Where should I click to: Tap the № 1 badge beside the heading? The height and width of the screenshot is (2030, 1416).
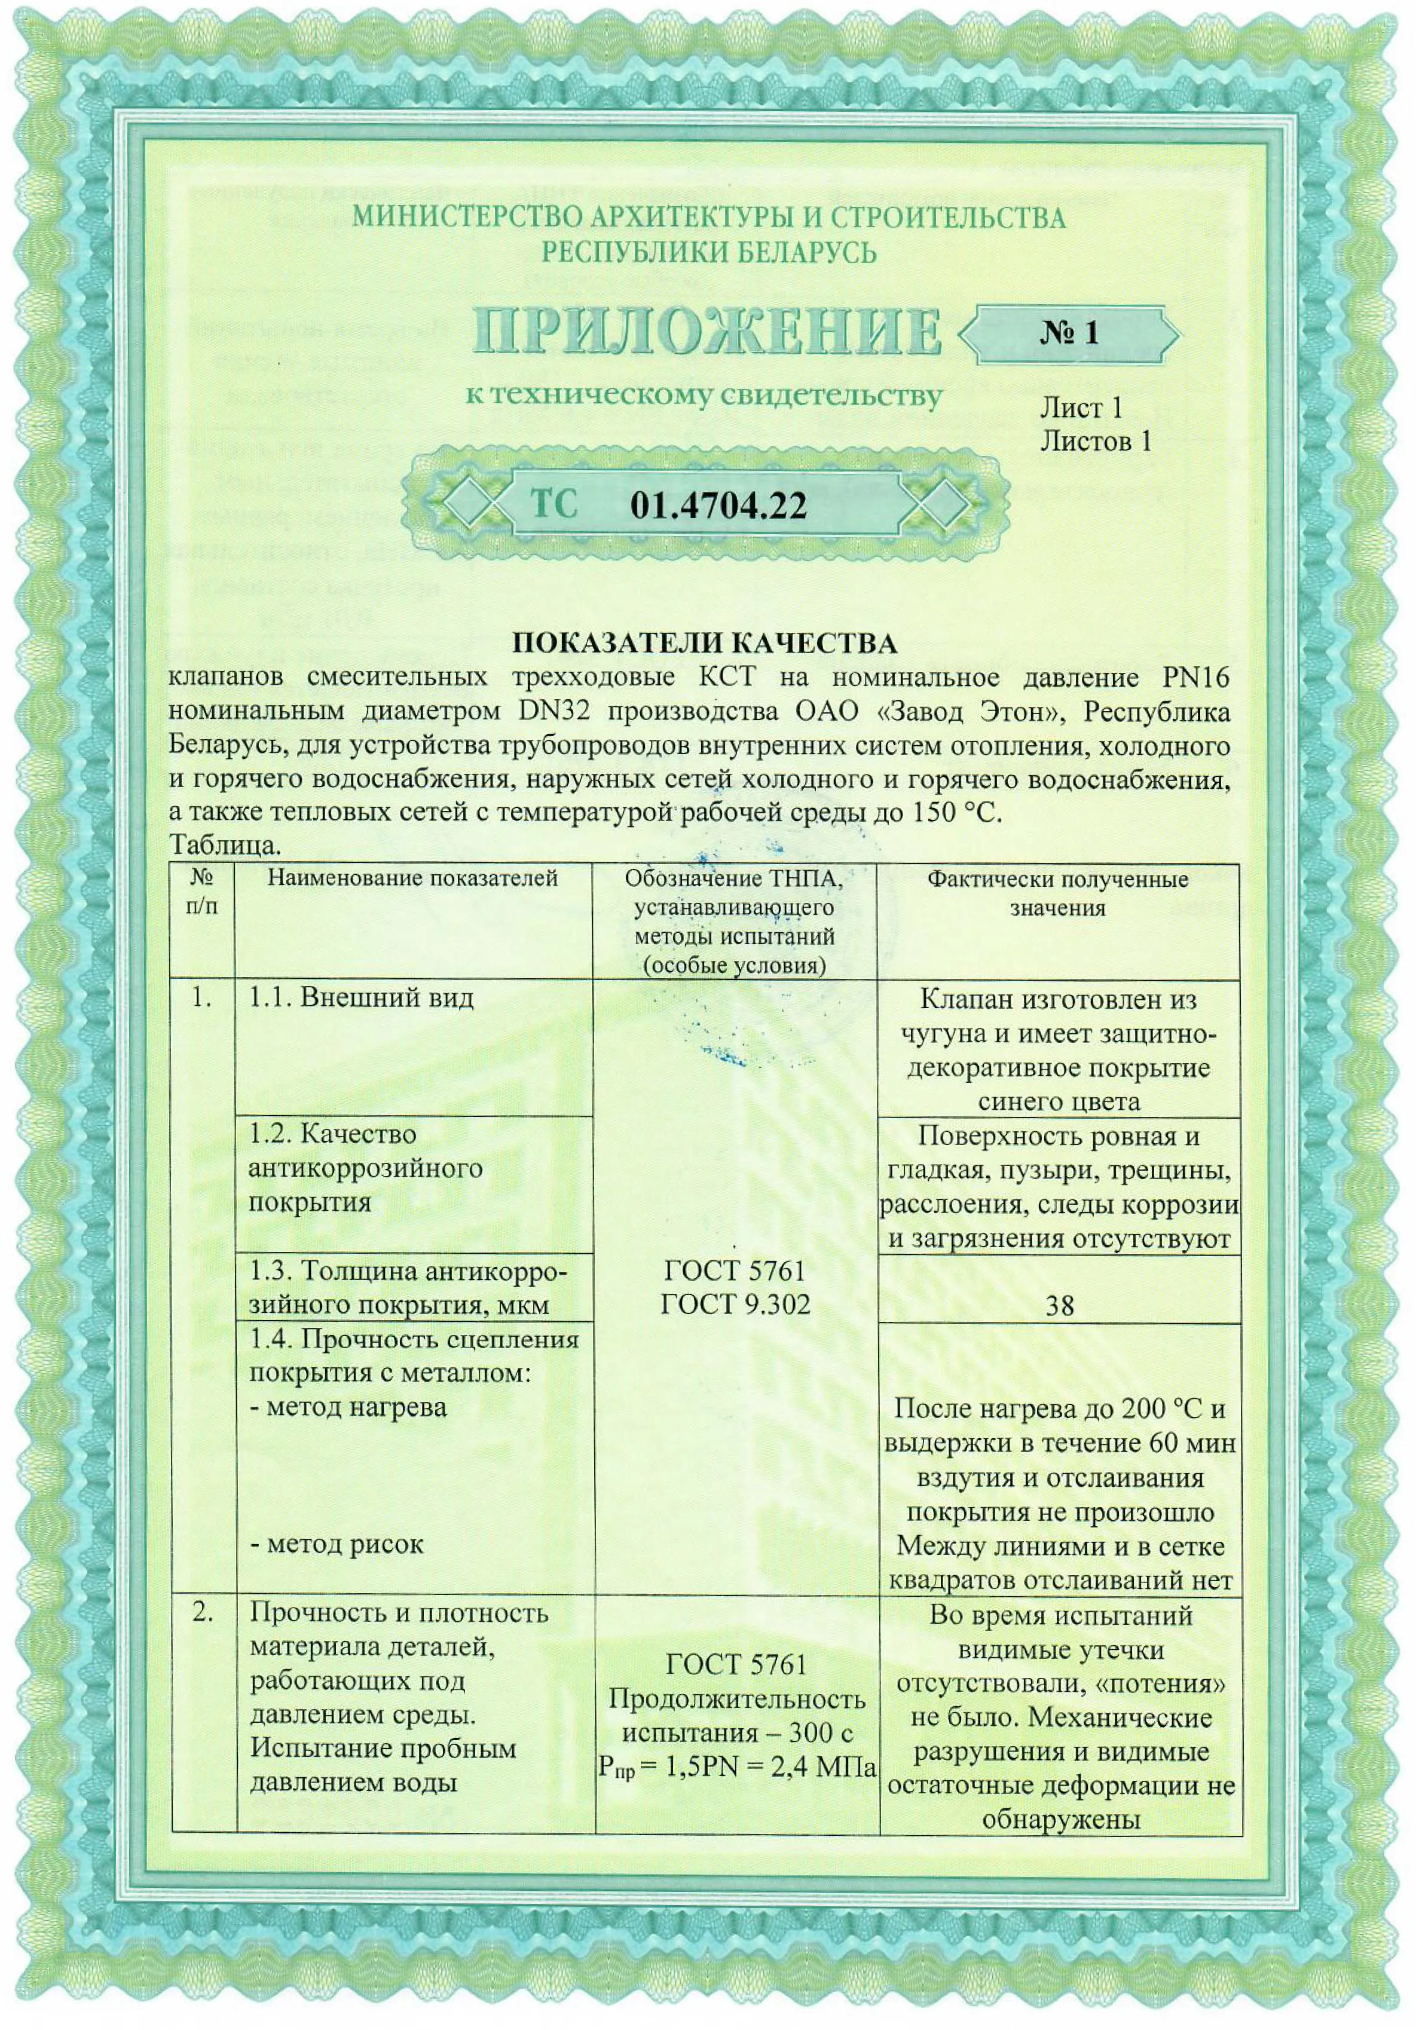pyautogui.click(x=1068, y=333)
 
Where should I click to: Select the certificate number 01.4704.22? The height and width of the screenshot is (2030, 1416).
pyautogui.click(x=718, y=506)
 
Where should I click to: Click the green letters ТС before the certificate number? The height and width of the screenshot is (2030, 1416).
pyautogui.click(x=553, y=504)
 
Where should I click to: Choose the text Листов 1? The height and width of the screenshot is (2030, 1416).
pyautogui.click(x=1096, y=440)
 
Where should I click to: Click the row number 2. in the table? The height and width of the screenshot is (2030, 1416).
pyautogui.click(x=203, y=1613)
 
